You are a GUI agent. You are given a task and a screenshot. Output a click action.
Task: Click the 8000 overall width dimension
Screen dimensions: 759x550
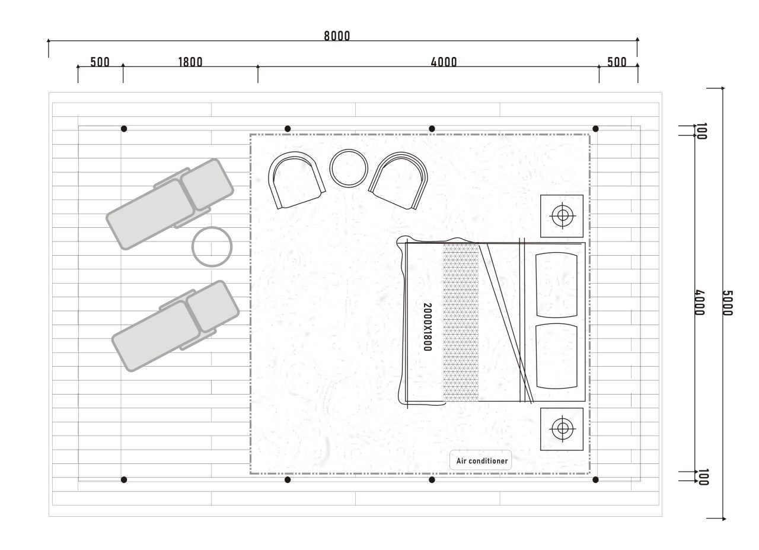[337, 36]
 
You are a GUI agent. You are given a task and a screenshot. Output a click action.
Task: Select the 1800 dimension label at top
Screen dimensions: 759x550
[190, 62]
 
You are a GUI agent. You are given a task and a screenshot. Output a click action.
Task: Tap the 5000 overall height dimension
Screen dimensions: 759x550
[728, 303]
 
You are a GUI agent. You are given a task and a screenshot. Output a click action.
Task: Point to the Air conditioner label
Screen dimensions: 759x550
[482, 461]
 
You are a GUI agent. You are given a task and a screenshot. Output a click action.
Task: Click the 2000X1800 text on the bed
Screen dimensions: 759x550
[428, 327]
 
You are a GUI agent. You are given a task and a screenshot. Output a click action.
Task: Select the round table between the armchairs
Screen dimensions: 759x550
[349, 169]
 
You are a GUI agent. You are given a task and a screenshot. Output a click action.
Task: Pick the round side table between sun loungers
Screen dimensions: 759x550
[212, 247]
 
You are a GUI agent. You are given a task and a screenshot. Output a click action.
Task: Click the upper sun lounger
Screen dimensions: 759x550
[170, 204]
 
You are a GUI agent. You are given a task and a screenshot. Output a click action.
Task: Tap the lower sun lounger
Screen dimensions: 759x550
[176, 326]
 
